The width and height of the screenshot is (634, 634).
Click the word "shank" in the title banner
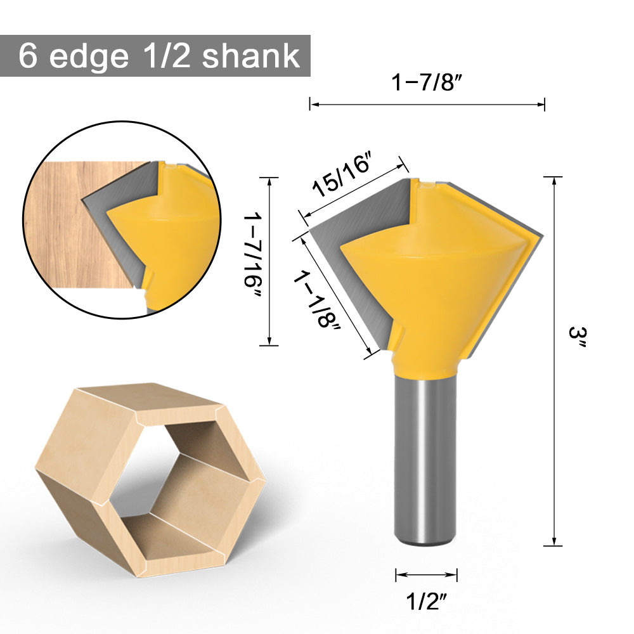pos(250,56)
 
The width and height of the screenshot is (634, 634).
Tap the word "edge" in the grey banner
pos(88,56)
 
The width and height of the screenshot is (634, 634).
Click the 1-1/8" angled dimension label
pos(316,298)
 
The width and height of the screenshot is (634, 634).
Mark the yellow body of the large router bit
pos(437,285)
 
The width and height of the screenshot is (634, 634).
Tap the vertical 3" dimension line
pos(555,361)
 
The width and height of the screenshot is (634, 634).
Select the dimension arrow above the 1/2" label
pos(426,575)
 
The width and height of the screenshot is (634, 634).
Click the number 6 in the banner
pos(27,56)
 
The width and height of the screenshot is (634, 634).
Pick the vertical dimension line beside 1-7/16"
pos(270,261)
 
